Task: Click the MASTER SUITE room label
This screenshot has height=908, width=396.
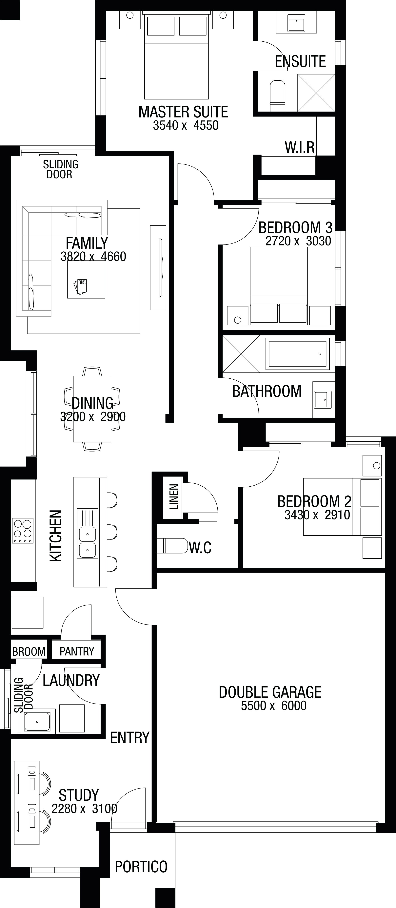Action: click(x=183, y=112)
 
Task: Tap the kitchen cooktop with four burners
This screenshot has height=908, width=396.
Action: click(x=23, y=531)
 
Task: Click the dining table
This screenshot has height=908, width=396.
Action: click(x=92, y=409)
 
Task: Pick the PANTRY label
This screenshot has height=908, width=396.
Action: click(x=77, y=651)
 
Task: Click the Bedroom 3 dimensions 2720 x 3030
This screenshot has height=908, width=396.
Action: click(x=298, y=241)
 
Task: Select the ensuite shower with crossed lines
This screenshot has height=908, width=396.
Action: click(x=316, y=92)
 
